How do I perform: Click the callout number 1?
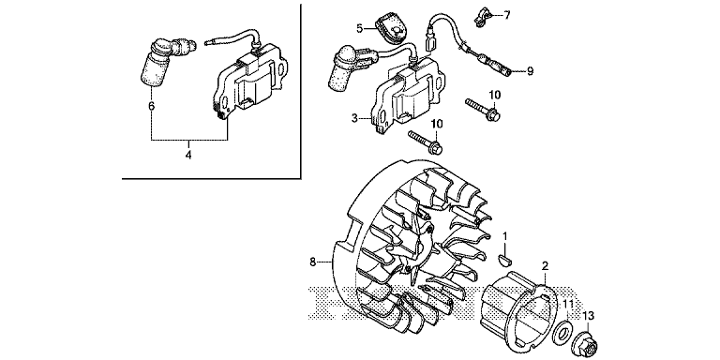[x=504, y=236]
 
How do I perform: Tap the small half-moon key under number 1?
[x=505, y=261]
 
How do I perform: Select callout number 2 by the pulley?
[x=545, y=266]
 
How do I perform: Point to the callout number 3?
[x=354, y=118]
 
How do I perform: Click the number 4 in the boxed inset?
[x=188, y=156]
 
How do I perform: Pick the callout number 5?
[x=360, y=28]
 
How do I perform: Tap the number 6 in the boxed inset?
[x=152, y=106]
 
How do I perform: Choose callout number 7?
[x=507, y=15]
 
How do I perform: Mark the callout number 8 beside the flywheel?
[x=313, y=262]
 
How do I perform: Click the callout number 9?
[x=530, y=71]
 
